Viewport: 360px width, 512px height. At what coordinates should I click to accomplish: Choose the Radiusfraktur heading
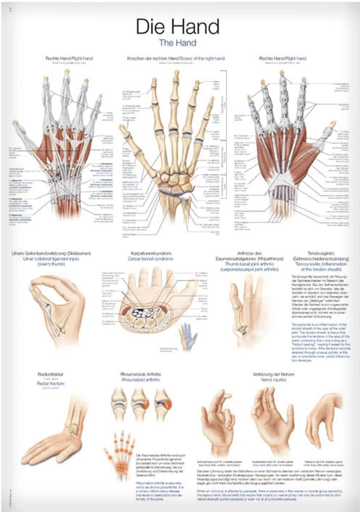tap(51, 373)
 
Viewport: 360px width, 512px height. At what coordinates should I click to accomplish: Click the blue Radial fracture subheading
tap(51, 384)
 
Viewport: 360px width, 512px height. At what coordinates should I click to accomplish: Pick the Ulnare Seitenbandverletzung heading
tap(51, 254)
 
